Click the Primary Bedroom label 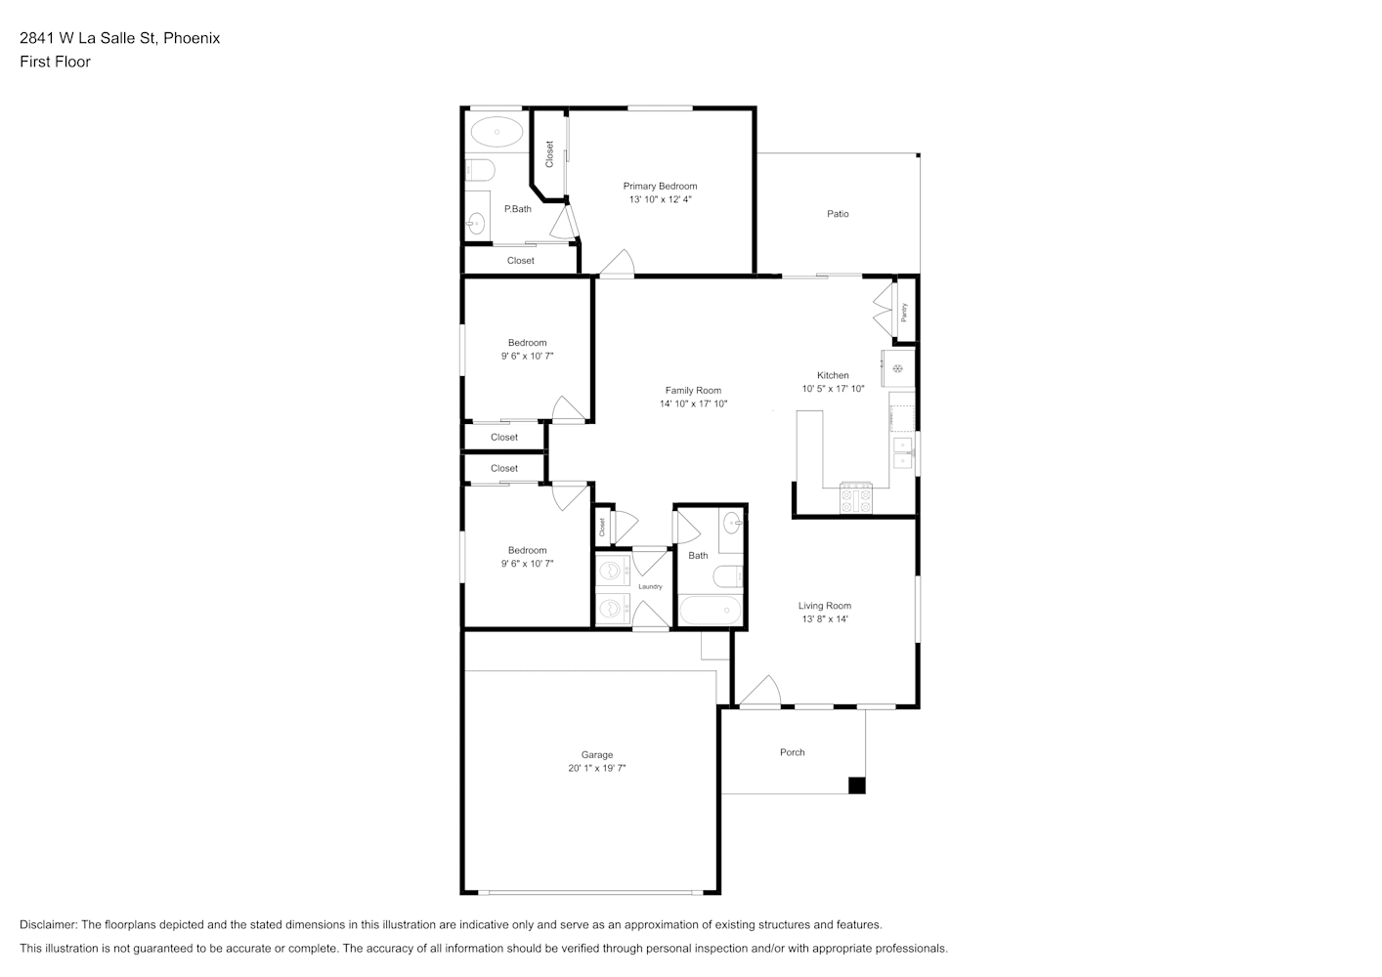(660, 186)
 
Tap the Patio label (838, 213)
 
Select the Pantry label (904, 312)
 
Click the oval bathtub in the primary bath (497, 131)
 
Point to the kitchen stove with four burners (856, 497)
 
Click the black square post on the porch (856, 786)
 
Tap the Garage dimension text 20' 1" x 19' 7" (596, 768)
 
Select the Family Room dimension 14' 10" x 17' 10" (693, 404)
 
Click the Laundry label (650, 586)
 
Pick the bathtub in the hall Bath (710, 610)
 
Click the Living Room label (824, 606)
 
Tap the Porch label (793, 752)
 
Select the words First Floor (55, 62)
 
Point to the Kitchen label (833, 375)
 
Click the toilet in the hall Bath (728, 576)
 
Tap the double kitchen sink (903, 452)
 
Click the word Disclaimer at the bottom (49, 924)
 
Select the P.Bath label (517, 208)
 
